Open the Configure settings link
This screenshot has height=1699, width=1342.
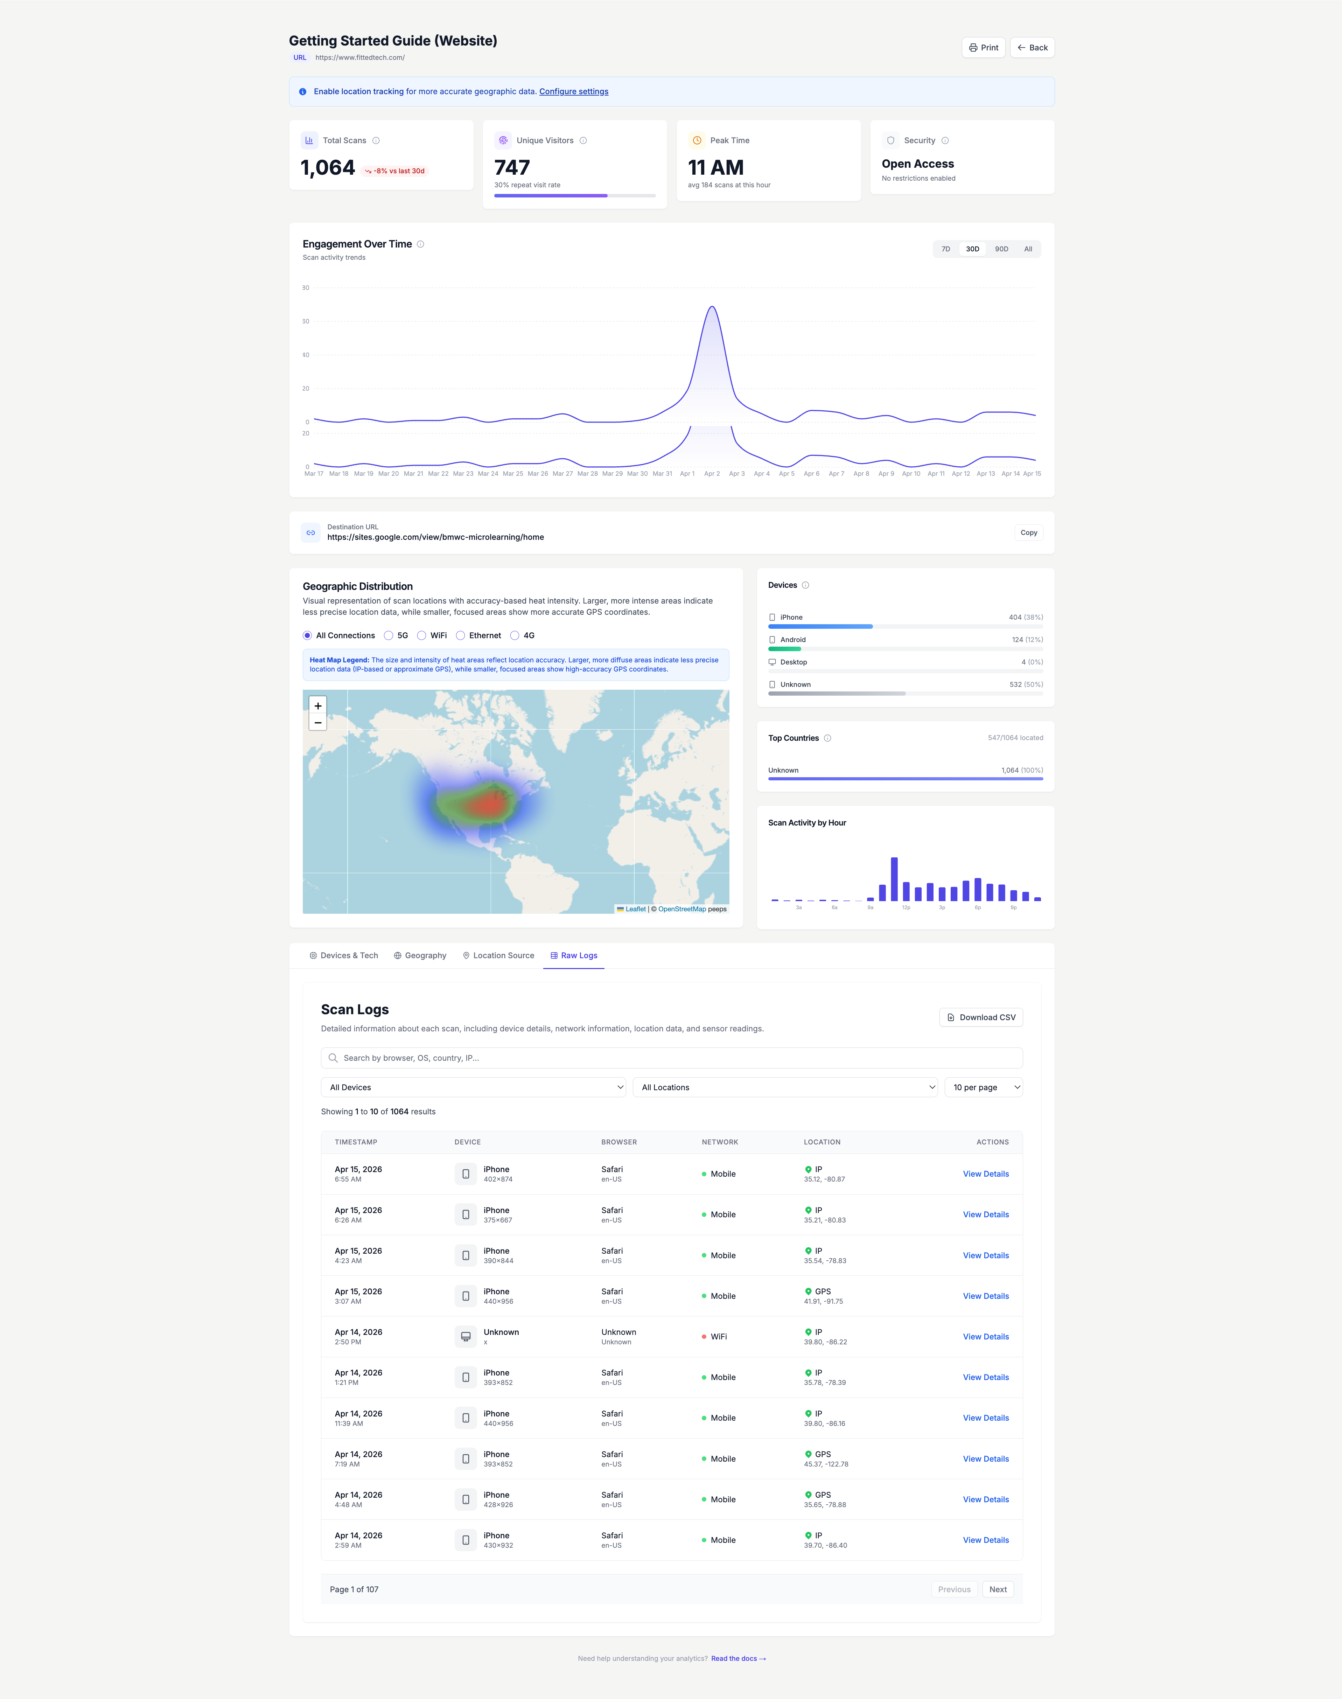(574, 92)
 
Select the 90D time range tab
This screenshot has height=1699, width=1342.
(1001, 249)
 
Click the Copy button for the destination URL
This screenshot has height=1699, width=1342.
(1028, 533)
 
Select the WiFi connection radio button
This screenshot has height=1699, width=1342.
(422, 636)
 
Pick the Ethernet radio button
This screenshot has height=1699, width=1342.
(460, 636)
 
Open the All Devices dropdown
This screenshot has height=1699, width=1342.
(473, 1088)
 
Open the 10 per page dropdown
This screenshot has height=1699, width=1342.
(983, 1088)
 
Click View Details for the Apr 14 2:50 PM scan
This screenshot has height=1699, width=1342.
(985, 1337)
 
